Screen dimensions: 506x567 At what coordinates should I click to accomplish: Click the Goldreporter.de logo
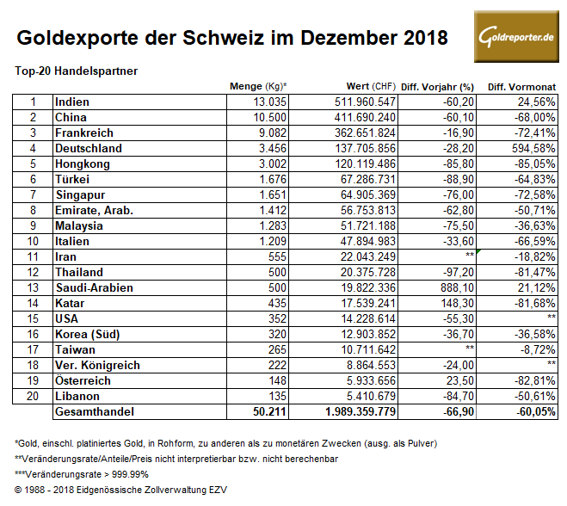tap(515, 38)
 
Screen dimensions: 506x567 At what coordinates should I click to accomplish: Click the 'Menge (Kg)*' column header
tap(258, 87)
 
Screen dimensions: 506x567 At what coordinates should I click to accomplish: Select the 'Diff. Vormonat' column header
tap(521, 87)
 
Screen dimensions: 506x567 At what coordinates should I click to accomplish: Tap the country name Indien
tap(72, 102)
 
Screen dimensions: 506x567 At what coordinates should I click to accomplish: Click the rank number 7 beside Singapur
tap(32, 194)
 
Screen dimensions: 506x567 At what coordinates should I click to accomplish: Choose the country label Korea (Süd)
tap(89, 334)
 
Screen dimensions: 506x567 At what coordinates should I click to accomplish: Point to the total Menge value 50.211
tap(268, 411)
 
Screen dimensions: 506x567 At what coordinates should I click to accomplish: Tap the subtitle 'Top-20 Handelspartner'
tap(77, 70)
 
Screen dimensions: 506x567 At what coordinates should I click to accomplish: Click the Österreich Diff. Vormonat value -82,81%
tap(532, 380)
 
